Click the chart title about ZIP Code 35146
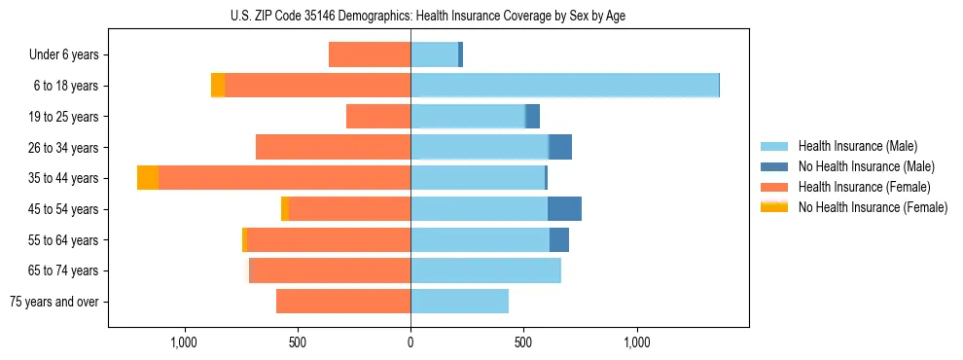coord(428,16)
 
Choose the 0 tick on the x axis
coord(410,342)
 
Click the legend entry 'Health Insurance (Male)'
coord(857,146)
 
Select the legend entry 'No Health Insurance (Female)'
coord(873,207)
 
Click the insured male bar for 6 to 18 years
coord(564,86)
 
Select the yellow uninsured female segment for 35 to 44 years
coord(148,178)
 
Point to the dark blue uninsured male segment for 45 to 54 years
coord(564,209)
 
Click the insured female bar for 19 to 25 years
coord(378,117)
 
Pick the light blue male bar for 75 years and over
coord(459,302)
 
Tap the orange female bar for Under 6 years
coord(370,54)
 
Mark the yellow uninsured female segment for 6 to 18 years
coord(218,86)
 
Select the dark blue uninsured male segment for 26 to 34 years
coord(560,147)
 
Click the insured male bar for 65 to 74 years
coord(485,270)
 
